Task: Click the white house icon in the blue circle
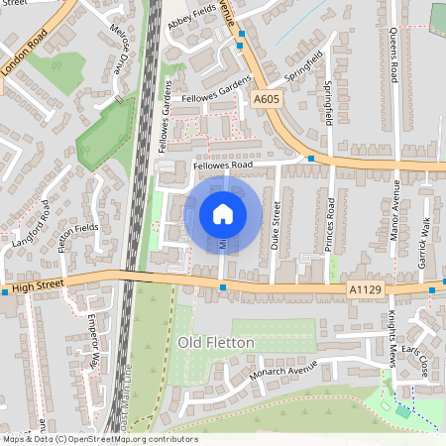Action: point(223,214)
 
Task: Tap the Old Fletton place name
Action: point(216,342)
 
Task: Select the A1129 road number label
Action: point(365,288)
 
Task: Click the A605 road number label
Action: point(266,99)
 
